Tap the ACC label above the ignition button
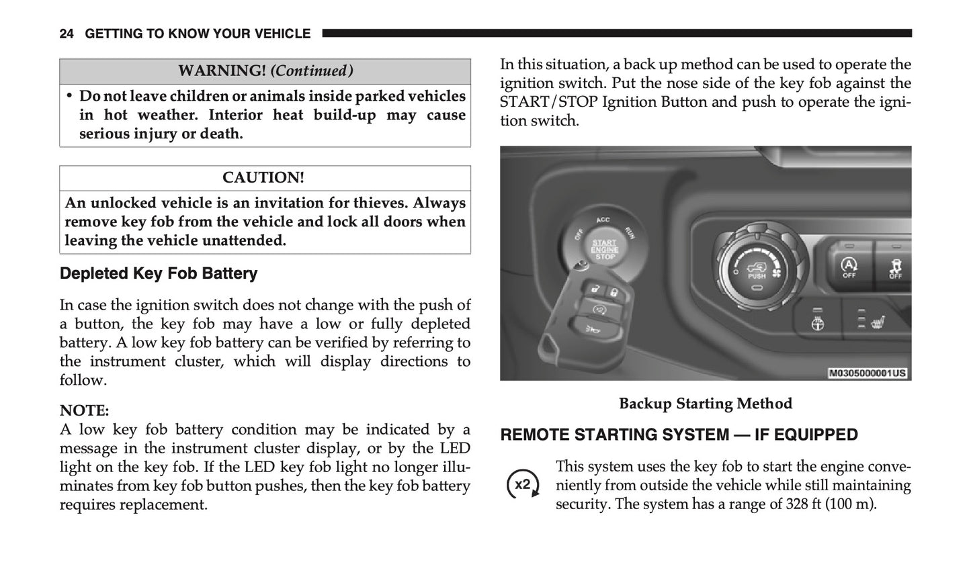pos(603,220)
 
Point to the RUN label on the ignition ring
pos(630,232)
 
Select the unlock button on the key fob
pos(595,289)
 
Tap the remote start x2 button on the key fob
pos(598,308)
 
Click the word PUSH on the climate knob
pos(756,275)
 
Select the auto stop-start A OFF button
pos(849,267)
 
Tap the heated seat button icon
pos(876,322)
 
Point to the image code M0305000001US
pos(867,373)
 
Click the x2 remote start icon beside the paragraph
pos(522,485)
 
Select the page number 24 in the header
pos(67,34)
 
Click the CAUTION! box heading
pos(263,178)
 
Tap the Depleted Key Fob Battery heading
pos(159,273)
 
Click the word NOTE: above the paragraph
pos(84,410)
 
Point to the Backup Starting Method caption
pos(705,404)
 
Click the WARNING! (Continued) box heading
pos(265,71)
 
